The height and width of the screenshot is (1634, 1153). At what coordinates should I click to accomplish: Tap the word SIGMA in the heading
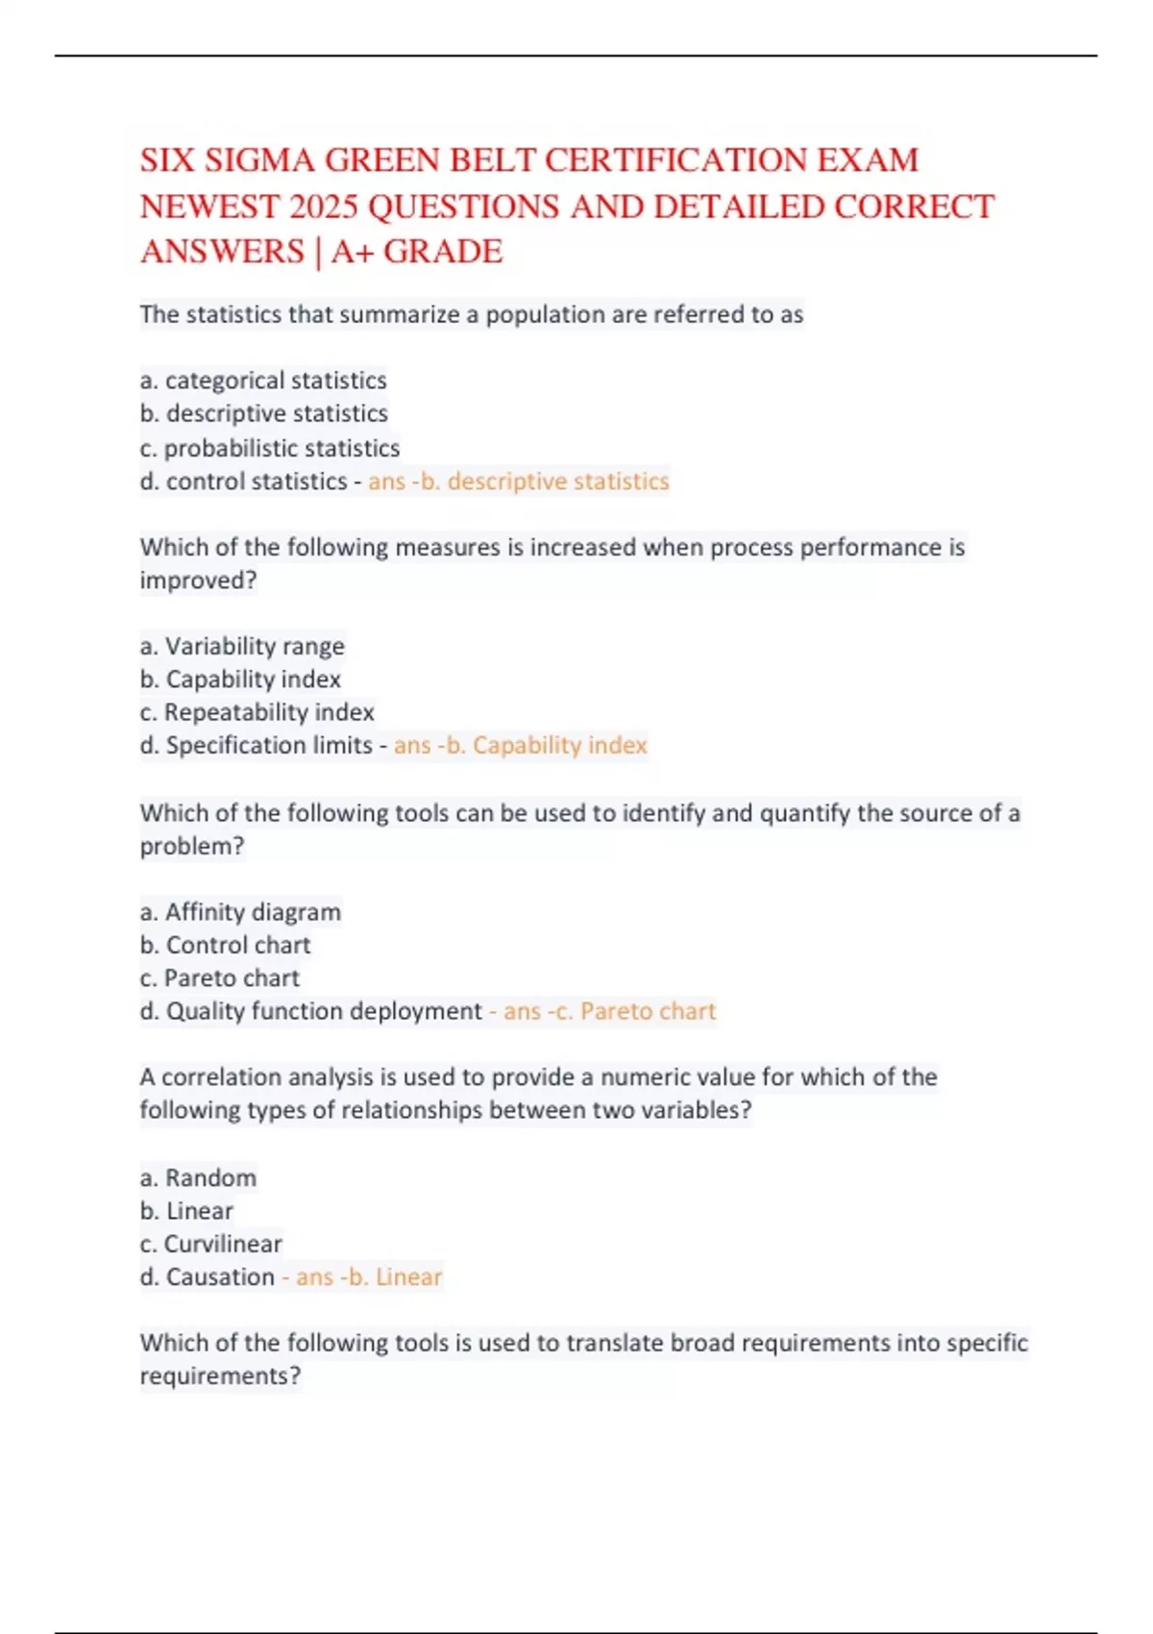(259, 160)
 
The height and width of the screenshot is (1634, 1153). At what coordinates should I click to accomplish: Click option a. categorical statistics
(263, 381)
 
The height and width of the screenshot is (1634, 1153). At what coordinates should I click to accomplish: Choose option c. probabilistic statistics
(269, 448)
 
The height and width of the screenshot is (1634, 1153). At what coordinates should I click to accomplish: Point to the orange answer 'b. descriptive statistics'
(546, 481)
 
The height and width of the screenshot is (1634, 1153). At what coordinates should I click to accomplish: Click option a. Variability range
(242, 646)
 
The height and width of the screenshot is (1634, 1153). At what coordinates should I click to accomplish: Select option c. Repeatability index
(257, 712)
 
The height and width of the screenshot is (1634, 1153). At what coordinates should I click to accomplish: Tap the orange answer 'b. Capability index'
(548, 745)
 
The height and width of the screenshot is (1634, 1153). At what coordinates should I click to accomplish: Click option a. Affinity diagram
(240, 911)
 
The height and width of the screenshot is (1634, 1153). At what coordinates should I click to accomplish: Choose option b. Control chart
(225, 945)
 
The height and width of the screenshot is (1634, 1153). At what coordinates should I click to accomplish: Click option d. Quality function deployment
(310, 1011)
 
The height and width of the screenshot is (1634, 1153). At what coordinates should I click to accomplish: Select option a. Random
(198, 1177)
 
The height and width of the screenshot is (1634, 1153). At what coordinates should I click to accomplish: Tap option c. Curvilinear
(210, 1244)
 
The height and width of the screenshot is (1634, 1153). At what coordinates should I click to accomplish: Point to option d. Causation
(207, 1276)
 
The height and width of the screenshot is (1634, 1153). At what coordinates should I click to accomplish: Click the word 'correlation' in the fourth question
(222, 1077)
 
